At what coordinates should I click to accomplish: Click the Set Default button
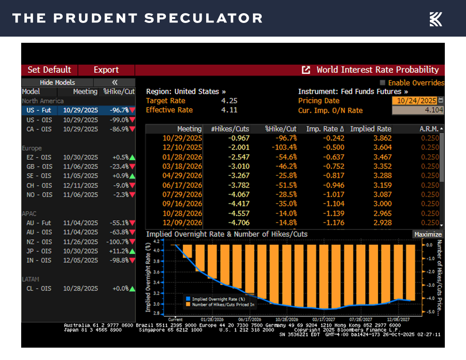point(49,70)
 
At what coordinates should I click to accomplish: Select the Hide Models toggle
point(57,82)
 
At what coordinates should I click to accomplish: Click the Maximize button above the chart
point(428,234)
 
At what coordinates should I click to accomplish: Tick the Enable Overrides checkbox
point(383,82)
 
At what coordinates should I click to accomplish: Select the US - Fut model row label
point(38,110)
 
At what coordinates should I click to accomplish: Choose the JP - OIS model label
point(38,251)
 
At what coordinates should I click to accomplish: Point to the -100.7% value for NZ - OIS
point(117,242)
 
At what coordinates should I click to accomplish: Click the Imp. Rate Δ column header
point(324,129)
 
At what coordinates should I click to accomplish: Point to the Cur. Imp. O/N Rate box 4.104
point(417,110)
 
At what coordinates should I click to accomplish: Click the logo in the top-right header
point(436,19)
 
